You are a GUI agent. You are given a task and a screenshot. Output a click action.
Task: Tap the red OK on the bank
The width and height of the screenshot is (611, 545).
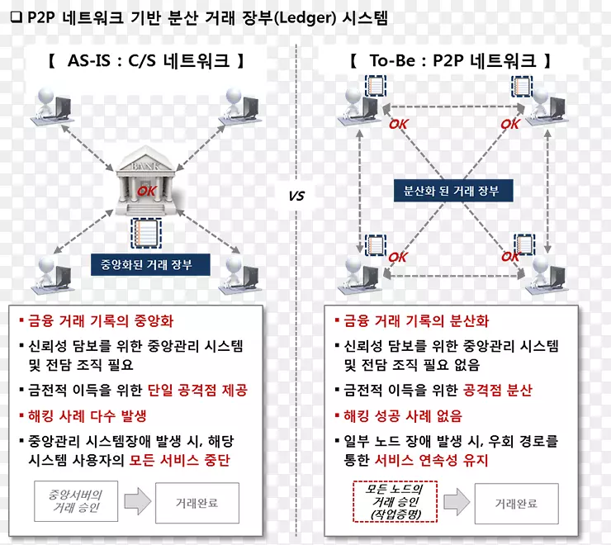click(147, 191)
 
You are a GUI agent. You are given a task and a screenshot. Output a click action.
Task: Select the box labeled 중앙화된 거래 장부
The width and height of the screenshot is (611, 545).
click(150, 265)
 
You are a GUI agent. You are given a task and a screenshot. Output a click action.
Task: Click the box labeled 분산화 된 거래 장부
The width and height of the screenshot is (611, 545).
click(453, 191)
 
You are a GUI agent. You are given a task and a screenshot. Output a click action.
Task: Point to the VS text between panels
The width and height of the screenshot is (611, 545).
click(296, 196)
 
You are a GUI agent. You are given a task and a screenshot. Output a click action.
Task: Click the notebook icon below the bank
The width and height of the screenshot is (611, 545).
click(146, 233)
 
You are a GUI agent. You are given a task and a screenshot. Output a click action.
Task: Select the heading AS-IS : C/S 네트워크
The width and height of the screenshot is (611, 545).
click(146, 60)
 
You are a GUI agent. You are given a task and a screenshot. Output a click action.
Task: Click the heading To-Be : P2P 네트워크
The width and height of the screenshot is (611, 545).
click(451, 60)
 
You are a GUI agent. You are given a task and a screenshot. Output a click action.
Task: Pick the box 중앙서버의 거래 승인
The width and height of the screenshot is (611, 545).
click(76, 501)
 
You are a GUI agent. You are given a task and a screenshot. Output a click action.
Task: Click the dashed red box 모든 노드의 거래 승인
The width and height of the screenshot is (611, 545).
click(395, 502)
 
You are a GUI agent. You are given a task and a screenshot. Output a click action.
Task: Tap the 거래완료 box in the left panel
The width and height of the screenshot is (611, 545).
click(197, 503)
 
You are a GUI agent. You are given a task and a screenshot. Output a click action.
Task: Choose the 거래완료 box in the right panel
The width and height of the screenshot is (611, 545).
click(517, 504)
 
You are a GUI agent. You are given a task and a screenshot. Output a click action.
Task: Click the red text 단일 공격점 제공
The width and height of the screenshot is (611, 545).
click(197, 390)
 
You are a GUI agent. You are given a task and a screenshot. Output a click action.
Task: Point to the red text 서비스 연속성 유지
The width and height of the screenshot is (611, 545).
click(431, 461)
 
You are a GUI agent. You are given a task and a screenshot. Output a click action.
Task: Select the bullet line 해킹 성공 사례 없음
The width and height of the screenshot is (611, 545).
click(398, 416)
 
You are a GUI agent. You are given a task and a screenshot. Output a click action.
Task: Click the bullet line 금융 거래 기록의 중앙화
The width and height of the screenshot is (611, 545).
click(97, 321)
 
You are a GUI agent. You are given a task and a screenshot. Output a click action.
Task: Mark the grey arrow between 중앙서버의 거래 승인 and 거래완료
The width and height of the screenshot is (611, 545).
click(138, 501)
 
